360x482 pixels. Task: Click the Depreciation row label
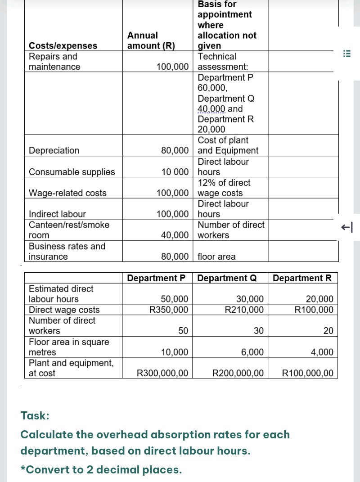54,150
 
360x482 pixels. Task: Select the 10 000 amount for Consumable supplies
175,172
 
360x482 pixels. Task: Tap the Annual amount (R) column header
151,41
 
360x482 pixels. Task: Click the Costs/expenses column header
63,45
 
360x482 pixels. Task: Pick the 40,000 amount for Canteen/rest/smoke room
175,235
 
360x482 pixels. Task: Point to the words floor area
216,257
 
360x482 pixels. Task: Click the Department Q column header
227,278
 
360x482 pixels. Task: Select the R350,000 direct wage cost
169,310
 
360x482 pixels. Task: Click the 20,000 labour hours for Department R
319,299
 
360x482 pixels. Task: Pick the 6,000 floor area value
252,352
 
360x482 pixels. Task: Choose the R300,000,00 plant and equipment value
162,373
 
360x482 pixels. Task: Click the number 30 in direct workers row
258,331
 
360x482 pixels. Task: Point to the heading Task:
35,416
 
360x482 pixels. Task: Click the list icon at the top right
346,53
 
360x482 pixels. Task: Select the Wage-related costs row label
67,193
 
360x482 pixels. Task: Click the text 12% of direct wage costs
224,188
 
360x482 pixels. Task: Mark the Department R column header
302,278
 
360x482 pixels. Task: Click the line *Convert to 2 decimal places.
101,470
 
